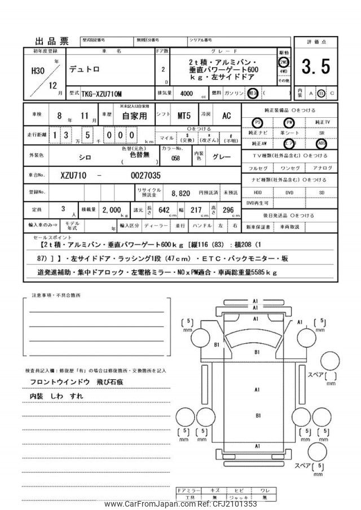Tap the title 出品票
pyautogui.click(x=52, y=41)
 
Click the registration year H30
pyautogui.click(x=36, y=71)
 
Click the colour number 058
pyautogui.click(x=176, y=158)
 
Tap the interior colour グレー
pyautogui.click(x=222, y=155)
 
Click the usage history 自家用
pyautogui.click(x=135, y=116)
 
